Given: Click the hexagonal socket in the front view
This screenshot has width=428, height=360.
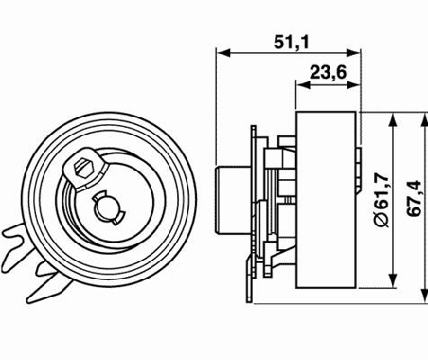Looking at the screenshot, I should [82, 165].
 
